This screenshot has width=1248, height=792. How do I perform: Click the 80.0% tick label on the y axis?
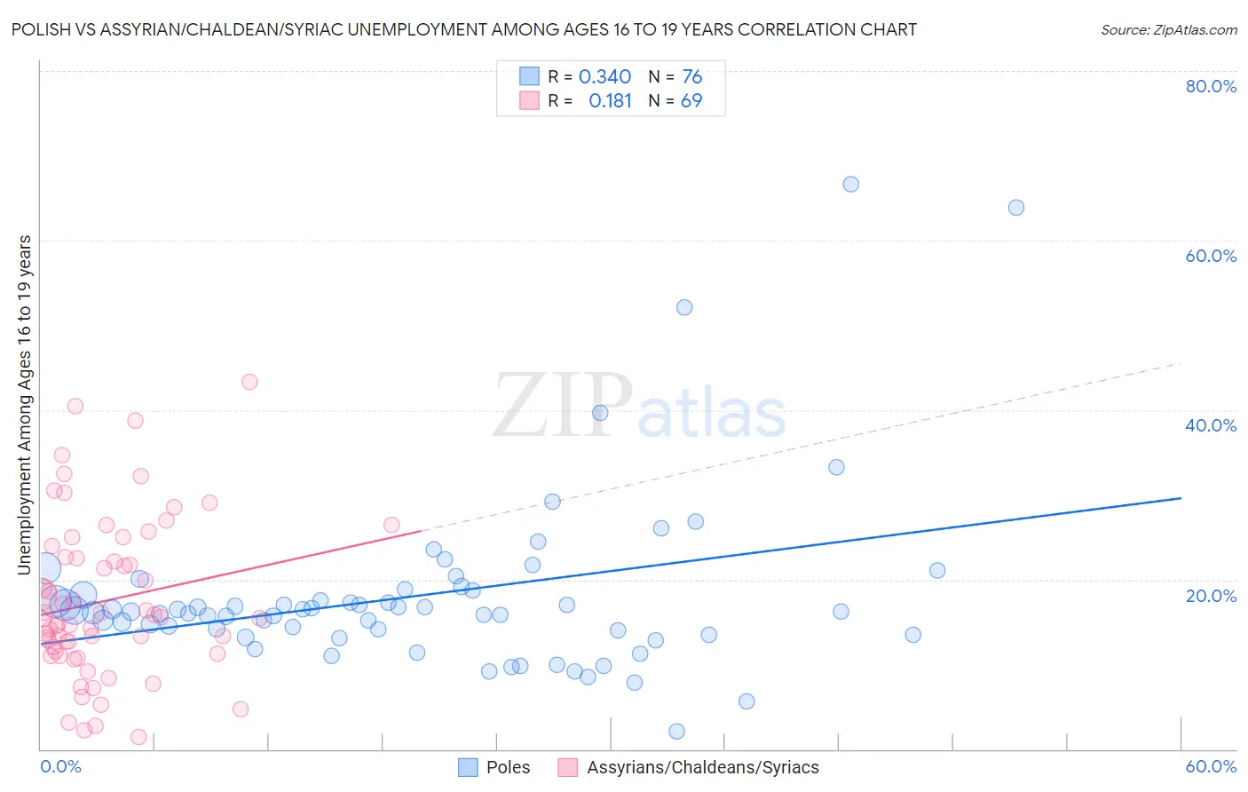pos(1211,86)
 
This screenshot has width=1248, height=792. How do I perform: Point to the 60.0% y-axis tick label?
pos(1211,256)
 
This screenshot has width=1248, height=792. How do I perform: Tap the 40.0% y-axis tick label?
pos(1211,425)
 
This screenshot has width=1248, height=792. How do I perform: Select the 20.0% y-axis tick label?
pos(1211,596)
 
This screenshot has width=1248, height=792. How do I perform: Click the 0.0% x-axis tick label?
pos(60,766)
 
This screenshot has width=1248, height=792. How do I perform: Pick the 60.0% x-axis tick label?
pos(1211,766)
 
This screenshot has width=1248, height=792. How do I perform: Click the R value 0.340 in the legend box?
pos(604,77)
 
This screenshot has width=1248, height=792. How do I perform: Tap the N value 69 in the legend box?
pos(691,101)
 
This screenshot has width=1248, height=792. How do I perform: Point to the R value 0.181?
pos(610,101)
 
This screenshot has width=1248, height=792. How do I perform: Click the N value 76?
pos(691,77)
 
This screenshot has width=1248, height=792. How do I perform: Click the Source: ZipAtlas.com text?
pos(1168,30)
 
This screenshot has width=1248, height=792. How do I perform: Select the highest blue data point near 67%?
pos(850,185)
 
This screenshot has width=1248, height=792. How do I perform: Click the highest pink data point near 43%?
pos(249,382)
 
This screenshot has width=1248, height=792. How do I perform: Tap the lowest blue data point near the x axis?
pos(676,732)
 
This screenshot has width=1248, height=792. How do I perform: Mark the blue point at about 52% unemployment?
pos(684,307)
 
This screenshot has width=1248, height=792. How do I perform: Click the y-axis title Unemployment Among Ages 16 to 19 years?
pos(25,405)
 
